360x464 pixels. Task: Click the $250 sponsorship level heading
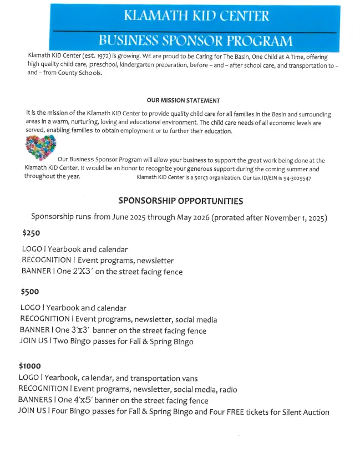click(x=31, y=233)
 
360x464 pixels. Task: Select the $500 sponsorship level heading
click(x=30, y=292)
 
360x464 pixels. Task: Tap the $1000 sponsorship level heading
click(x=30, y=366)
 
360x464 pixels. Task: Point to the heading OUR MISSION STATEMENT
click(x=183, y=100)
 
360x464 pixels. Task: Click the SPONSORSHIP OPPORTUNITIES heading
click(x=180, y=201)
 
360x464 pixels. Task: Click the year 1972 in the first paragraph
click(x=87, y=57)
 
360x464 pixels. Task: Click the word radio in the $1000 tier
click(x=228, y=390)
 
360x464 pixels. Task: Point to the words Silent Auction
click(x=303, y=412)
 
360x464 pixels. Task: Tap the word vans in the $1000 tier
click(x=189, y=378)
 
